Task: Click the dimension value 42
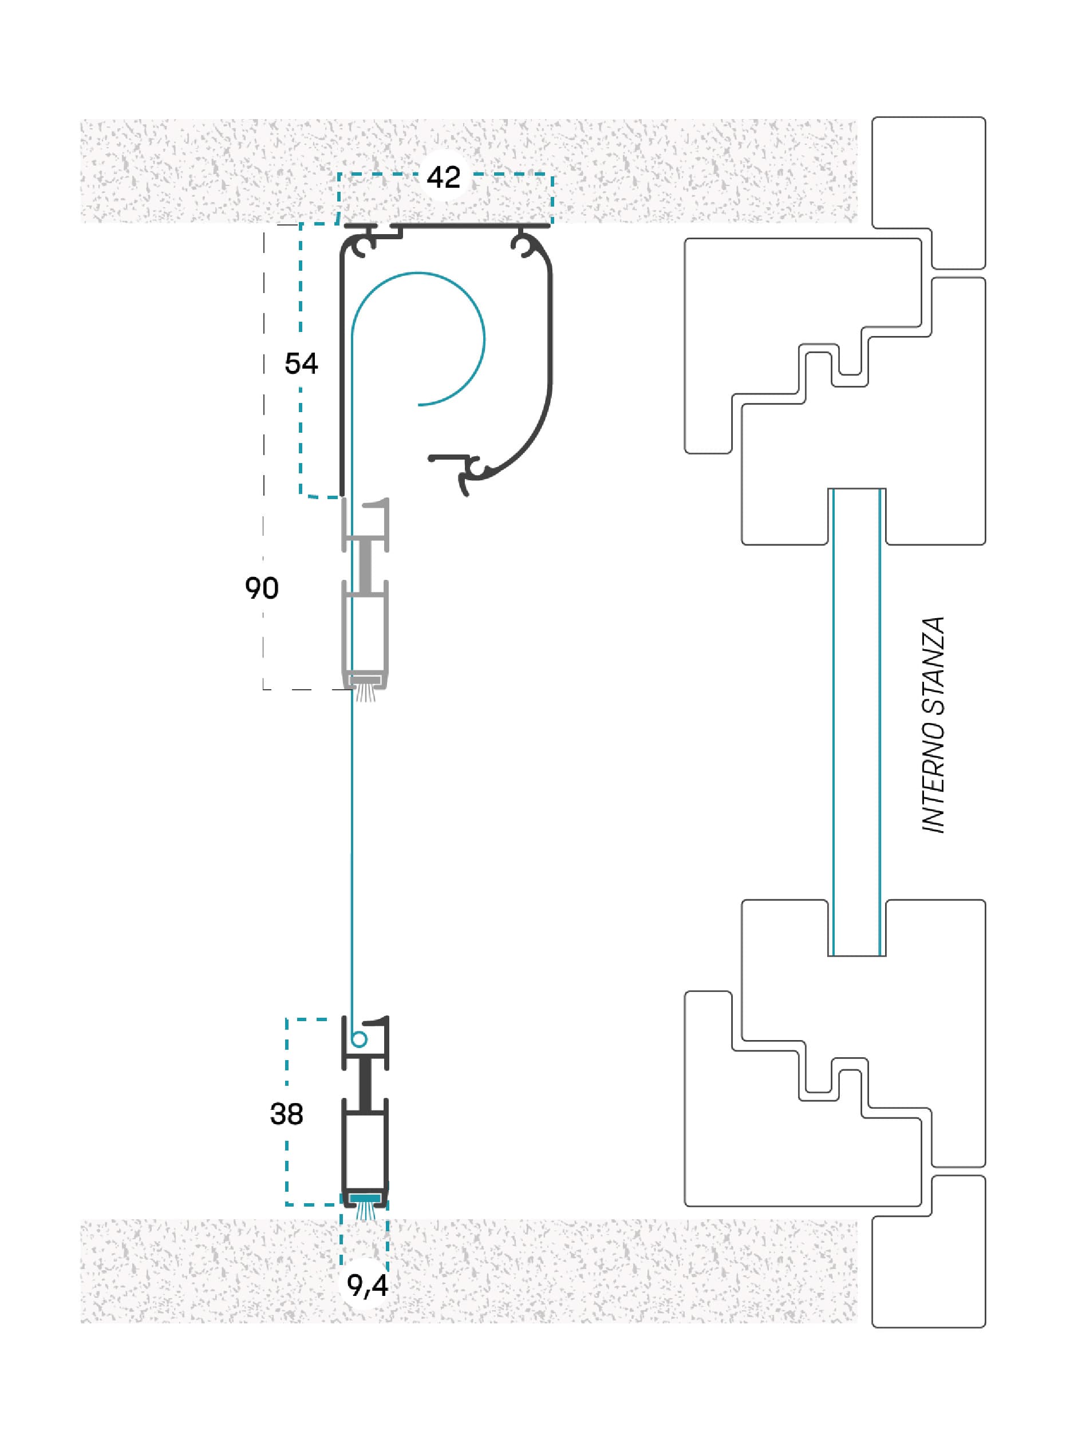coord(443,177)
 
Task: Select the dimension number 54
coord(301,363)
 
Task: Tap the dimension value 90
coord(262,588)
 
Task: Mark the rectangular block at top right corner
coord(929,192)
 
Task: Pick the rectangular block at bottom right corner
coord(929,1252)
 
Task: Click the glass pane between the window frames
coord(856,722)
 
